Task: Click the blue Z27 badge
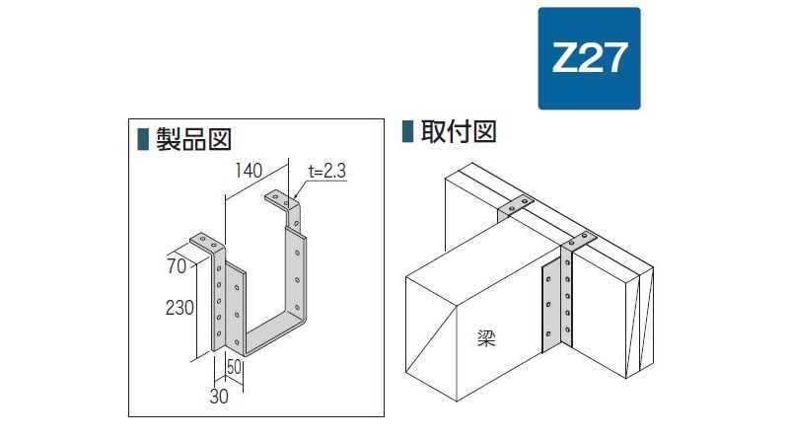pyautogui.click(x=589, y=58)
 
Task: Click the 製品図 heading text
pyautogui.click(x=193, y=139)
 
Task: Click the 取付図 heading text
pyautogui.click(x=459, y=132)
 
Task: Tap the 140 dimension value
pyautogui.click(x=249, y=171)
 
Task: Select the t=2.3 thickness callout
pyautogui.click(x=327, y=172)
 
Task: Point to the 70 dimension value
pyautogui.click(x=177, y=266)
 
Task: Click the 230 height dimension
pyautogui.click(x=179, y=307)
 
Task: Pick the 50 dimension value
pyautogui.click(x=234, y=367)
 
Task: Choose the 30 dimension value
pyautogui.click(x=219, y=397)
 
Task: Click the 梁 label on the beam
pyautogui.click(x=486, y=337)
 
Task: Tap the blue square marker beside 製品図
pyautogui.click(x=143, y=139)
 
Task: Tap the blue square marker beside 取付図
pyautogui.click(x=407, y=131)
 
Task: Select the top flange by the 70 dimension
pyautogui.click(x=207, y=242)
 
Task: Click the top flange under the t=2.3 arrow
pyautogui.click(x=282, y=199)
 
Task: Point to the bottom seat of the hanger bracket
pyautogui.click(x=274, y=334)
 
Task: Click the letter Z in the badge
pyautogui.click(x=565, y=57)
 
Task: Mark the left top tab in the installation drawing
pyautogui.click(x=516, y=205)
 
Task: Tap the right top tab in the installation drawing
pyautogui.click(x=579, y=241)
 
